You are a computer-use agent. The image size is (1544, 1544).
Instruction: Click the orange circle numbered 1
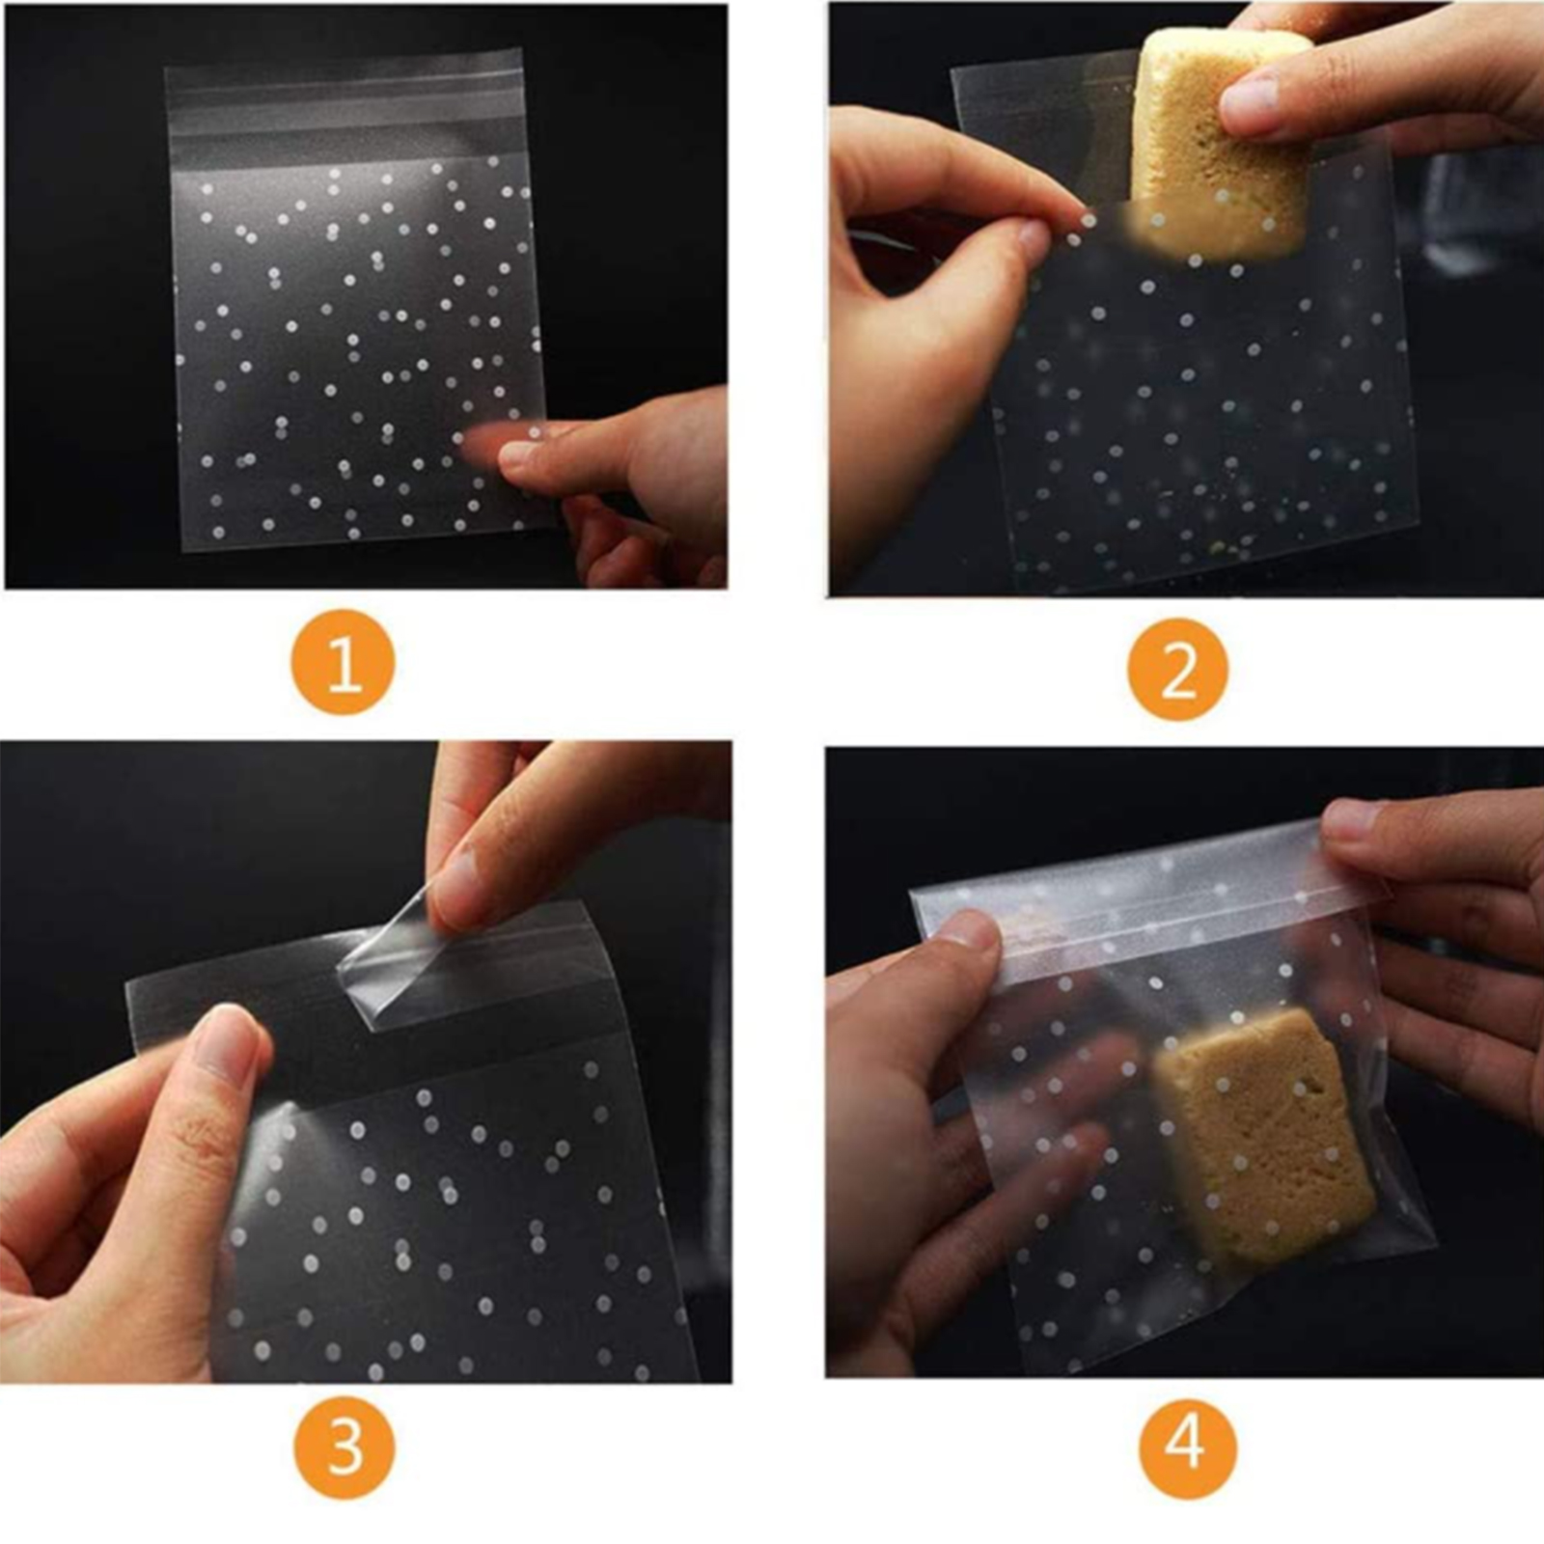pos(344,662)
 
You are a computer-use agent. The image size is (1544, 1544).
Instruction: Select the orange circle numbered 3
pos(345,1447)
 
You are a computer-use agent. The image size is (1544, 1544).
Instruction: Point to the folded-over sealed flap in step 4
pos(1148,902)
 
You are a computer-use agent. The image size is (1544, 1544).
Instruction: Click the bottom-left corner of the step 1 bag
pos(183,549)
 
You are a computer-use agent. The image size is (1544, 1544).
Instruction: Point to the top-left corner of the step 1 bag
pos(166,69)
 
